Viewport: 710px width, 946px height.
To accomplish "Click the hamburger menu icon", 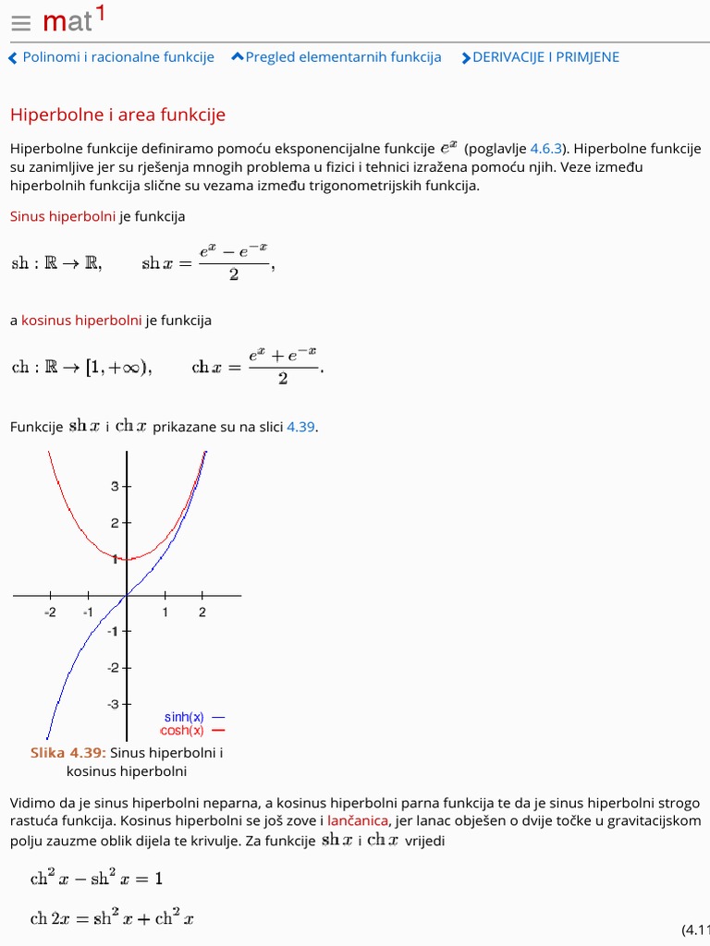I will [x=21, y=23].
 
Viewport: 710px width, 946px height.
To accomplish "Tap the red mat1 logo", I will [x=74, y=19].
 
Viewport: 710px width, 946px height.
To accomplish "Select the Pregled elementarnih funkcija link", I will [x=337, y=57].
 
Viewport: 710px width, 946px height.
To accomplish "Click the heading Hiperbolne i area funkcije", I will [x=117, y=115].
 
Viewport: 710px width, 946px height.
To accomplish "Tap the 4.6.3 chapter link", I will [x=545, y=149].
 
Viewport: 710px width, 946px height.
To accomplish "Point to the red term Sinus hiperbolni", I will [x=63, y=216].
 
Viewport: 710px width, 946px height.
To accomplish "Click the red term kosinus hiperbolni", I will [x=81, y=321].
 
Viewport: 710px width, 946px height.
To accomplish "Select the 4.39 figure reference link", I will [x=300, y=427].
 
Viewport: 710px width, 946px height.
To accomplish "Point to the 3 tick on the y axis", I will [x=116, y=486].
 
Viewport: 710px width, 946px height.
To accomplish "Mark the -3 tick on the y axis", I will [x=114, y=704].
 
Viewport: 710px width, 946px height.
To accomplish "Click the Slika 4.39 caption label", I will [x=67, y=753].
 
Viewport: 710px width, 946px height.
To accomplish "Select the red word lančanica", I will [x=358, y=820].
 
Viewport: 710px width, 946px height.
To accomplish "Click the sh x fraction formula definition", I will [x=208, y=262].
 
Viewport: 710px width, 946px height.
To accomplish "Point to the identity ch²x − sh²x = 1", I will [x=96, y=879].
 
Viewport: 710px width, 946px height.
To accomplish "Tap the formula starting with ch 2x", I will [x=111, y=918].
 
